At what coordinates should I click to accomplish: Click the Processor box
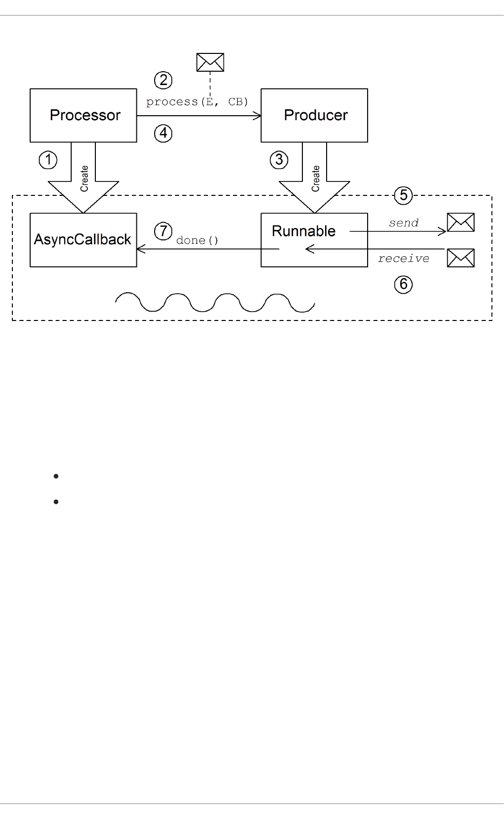[x=84, y=115]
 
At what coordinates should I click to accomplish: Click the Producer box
[x=314, y=115]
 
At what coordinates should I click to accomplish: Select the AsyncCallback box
[x=84, y=240]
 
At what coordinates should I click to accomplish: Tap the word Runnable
[x=303, y=231]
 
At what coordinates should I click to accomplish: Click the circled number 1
[x=48, y=160]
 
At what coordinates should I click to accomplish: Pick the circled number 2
[x=163, y=80]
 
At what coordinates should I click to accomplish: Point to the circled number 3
[x=279, y=160]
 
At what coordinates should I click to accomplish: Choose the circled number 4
[x=163, y=133]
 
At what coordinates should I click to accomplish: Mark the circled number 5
[x=404, y=195]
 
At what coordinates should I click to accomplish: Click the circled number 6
[x=404, y=284]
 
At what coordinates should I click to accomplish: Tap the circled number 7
[x=163, y=231]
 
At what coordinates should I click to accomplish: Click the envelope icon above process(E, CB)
[x=210, y=62]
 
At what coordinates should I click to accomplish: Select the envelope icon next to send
[x=461, y=223]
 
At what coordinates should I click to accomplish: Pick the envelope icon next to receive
[x=461, y=258]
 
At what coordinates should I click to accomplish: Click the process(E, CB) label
[x=197, y=102]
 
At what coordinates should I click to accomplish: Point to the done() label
[x=197, y=241]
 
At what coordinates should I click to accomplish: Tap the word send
[x=404, y=223]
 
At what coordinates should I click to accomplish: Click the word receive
[x=404, y=259]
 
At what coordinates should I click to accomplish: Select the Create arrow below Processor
[x=84, y=178]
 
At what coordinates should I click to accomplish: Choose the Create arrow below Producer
[x=315, y=178]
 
